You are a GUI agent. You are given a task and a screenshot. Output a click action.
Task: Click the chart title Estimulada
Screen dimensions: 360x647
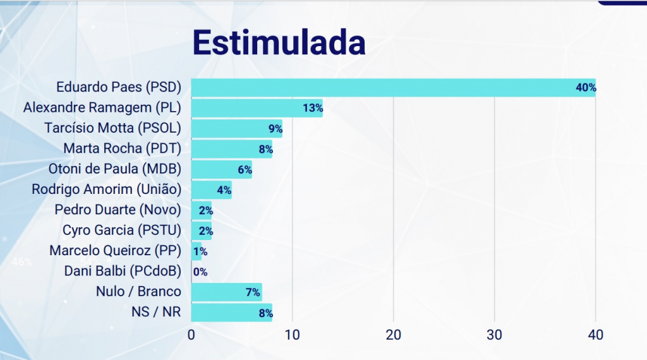coord(279,44)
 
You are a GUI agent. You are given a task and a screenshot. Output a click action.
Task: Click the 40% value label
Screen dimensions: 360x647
coord(586,88)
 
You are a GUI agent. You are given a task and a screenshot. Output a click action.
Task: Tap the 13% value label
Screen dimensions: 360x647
coord(313,108)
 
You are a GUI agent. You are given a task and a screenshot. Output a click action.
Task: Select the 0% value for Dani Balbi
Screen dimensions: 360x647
coord(200,272)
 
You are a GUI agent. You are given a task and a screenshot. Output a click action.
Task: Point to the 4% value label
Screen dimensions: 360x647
coord(224,190)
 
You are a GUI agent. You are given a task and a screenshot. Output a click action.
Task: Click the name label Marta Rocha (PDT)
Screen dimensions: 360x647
coord(123,149)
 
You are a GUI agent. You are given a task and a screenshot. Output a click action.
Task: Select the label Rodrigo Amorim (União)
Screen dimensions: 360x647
coord(107,189)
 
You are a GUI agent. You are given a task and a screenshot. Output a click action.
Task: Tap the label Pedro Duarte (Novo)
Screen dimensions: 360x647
coord(118,210)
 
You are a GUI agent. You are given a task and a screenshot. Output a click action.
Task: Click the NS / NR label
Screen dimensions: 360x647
coord(155,311)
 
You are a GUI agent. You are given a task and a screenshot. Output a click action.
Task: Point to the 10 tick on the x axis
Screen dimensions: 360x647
coord(293,335)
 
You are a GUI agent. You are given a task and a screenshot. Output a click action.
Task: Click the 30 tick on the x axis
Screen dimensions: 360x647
coord(495,335)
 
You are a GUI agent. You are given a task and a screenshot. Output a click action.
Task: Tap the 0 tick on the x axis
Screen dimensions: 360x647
coord(191,335)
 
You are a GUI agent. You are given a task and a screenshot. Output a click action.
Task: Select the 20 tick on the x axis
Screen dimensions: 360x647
coord(394,335)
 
